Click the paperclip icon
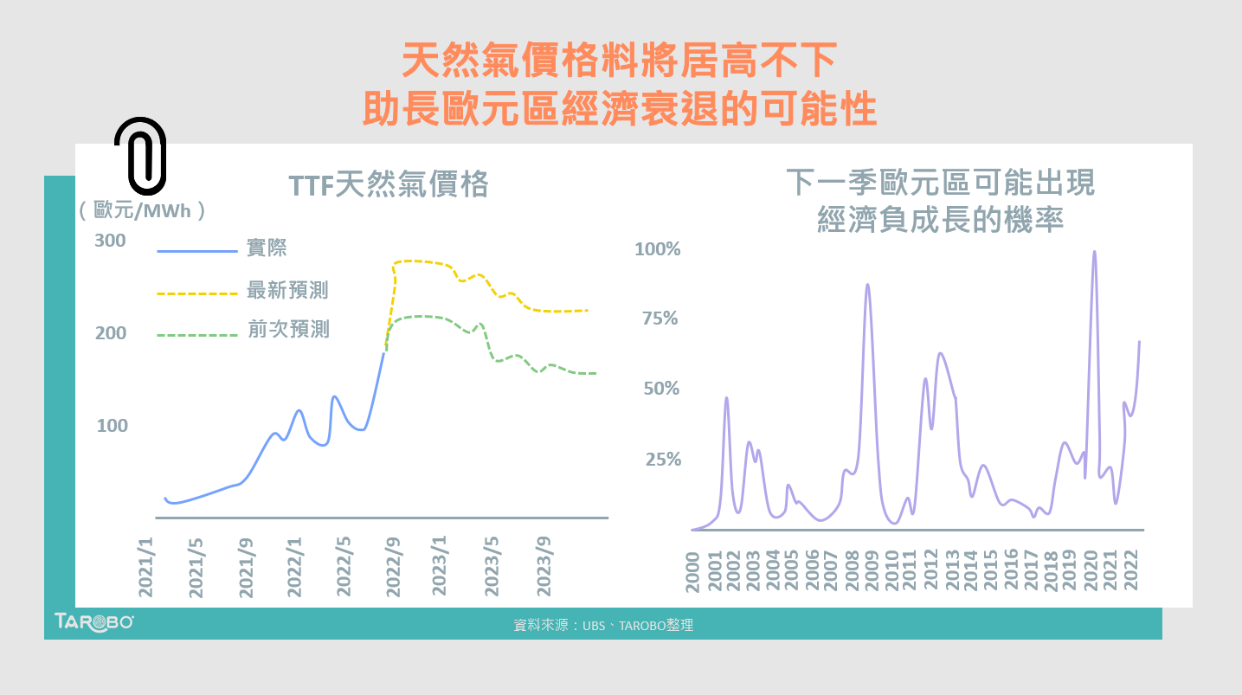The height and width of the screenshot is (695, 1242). tap(139, 156)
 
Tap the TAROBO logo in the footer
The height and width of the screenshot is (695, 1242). tap(93, 621)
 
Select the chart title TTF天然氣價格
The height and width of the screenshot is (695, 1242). tap(389, 185)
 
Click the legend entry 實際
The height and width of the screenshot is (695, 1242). tap(267, 249)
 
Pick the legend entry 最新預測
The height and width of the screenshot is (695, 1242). tap(287, 291)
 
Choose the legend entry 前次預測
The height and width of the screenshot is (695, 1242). tap(287, 331)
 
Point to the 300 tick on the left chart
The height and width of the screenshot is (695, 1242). tap(110, 241)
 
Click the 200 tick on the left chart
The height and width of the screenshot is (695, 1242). tap(110, 333)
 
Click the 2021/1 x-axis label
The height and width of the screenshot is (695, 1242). tap(146, 566)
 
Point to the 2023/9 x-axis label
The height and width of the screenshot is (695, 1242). tap(544, 566)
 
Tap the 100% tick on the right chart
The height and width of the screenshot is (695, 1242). tap(658, 249)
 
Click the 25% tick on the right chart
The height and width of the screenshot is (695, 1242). tap(662, 460)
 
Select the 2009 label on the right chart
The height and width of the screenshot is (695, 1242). tap(872, 571)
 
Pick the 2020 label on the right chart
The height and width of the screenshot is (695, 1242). tap(1090, 571)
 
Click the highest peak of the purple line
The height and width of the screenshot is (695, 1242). tap(1094, 253)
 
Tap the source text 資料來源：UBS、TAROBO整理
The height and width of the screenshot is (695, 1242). tap(603, 625)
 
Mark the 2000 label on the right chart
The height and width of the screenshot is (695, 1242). tap(693, 571)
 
